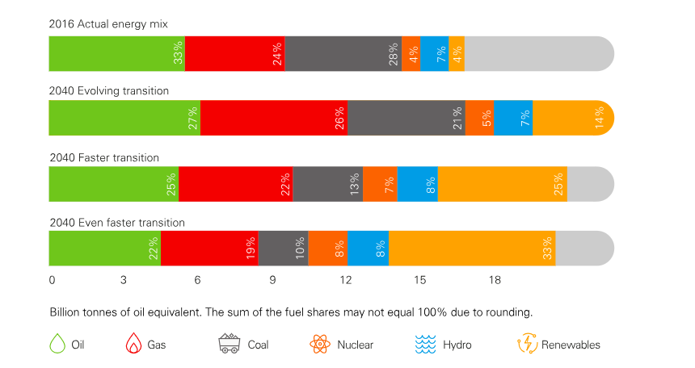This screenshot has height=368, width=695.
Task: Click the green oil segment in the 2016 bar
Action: click(117, 54)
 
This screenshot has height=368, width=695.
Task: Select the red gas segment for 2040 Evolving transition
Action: click(273, 118)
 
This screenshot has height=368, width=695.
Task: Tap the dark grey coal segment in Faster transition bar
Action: click(327, 184)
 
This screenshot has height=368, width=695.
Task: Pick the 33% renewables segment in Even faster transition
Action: click(472, 248)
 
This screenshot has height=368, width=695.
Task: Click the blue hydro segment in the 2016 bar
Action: click(434, 54)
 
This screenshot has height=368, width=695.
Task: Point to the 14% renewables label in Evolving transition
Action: click(599, 118)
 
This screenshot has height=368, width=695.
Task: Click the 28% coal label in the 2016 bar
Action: click(393, 54)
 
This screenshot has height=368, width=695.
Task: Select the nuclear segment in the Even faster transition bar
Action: click(327, 248)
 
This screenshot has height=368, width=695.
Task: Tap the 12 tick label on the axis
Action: click(347, 281)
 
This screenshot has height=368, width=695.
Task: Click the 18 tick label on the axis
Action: click(495, 281)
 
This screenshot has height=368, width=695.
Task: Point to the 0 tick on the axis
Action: click(53, 281)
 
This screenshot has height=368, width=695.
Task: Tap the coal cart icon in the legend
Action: click(230, 345)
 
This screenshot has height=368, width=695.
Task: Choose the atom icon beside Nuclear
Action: click(321, 345)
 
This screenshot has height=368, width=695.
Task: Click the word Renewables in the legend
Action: click(571, 345)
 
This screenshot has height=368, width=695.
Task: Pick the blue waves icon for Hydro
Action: click(425, 345)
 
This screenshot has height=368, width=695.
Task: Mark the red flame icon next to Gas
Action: click(133, 345)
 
